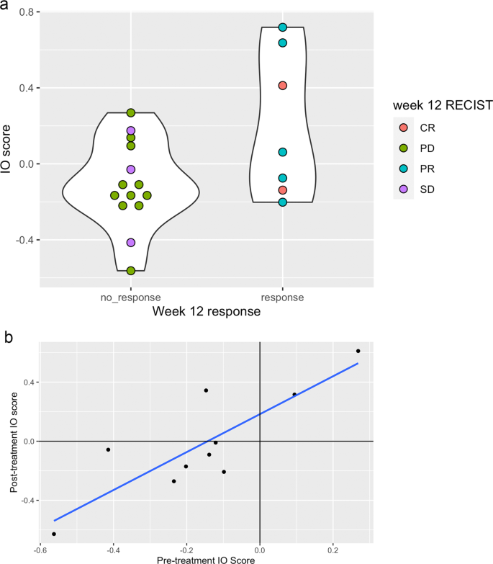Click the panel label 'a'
point(7,8)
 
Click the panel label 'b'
point(7,336)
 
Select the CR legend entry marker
point(403,127)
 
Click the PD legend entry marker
point(403,148)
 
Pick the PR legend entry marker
point(403,169)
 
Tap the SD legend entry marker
point(403,189)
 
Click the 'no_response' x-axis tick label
point(130,297)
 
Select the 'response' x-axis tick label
point(283,297)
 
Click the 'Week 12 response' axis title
point(207,312)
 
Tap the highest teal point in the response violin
point(283,27)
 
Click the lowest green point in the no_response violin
point(131,271)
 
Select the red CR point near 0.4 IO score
point(283,85)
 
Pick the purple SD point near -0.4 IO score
point(131,242)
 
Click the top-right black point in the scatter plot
point(358,351)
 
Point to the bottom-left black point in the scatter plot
point(54,534)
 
